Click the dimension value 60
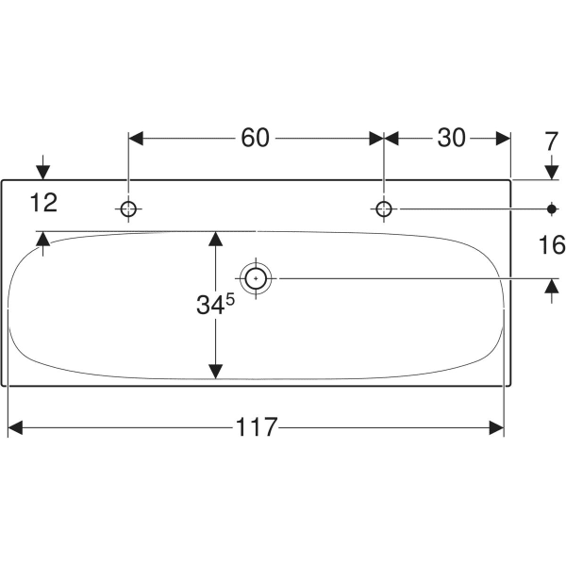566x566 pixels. (255, 138)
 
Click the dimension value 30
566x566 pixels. (452, 138)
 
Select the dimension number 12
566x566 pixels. (43, 202)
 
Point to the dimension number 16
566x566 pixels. (551, 247)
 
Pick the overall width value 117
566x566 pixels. (256, 427)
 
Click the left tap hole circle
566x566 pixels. (129, 208)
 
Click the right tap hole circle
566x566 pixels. (384, 208)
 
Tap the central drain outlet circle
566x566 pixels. (256, 278)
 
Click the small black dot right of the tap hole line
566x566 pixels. (552, 208)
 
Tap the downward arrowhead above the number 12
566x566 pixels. (43, 172)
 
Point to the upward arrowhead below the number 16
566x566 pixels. (552, 288)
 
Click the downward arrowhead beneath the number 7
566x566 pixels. (552, 171)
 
